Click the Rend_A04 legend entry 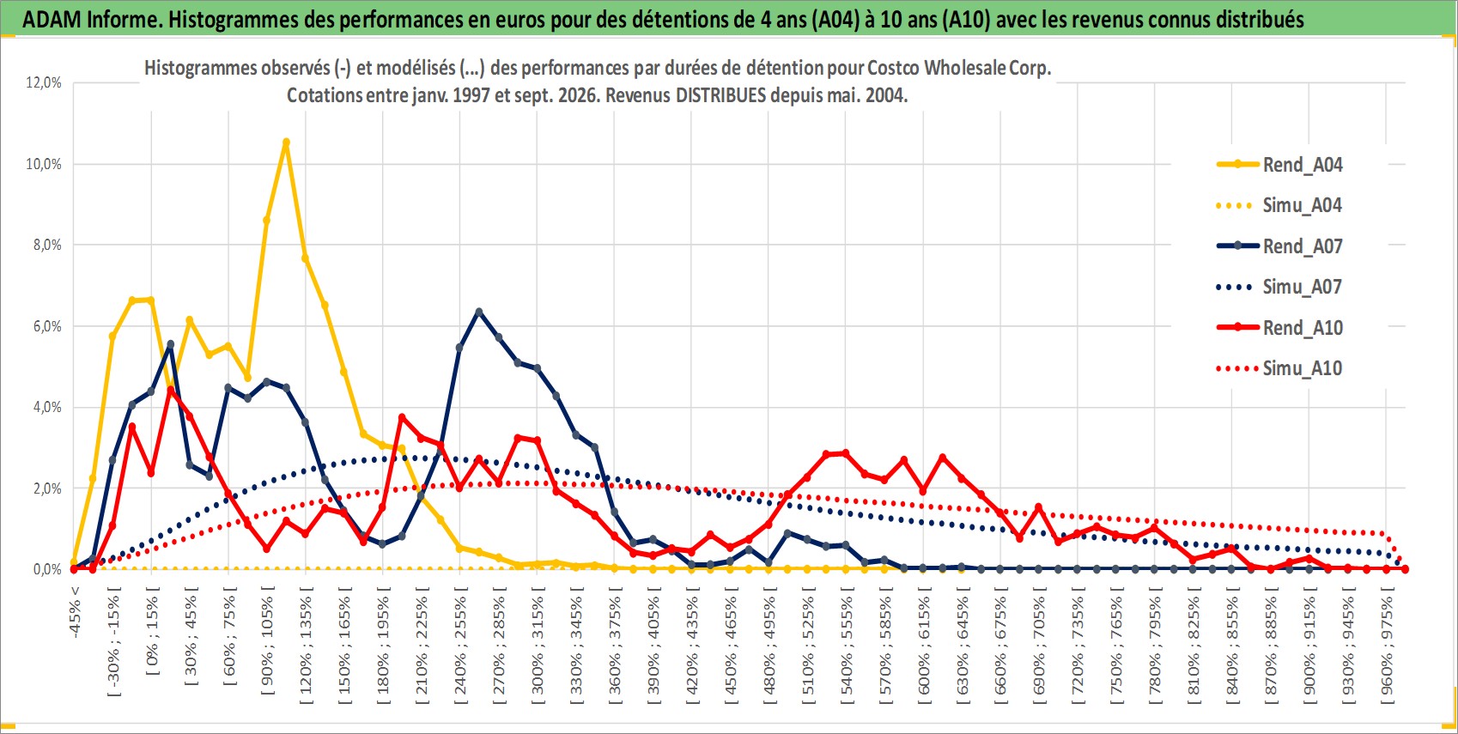[1279, 165]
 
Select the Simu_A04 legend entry [1279, 206]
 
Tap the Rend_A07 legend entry [1279, 246]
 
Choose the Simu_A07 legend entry [1279, 287]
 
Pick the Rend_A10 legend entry [1279, 327]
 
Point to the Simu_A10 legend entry [1279, 368]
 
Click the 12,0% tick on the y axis [44, 82]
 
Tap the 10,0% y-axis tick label [44, 164]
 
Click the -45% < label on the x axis [75, 612]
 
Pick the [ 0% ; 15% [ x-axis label [152, 631]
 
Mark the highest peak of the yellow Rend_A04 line [286, 142]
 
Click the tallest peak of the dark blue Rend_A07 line [479, 312]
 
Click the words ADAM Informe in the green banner [92, 20]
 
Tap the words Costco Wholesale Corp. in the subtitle [959, 68]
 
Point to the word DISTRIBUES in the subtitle [720, 95]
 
